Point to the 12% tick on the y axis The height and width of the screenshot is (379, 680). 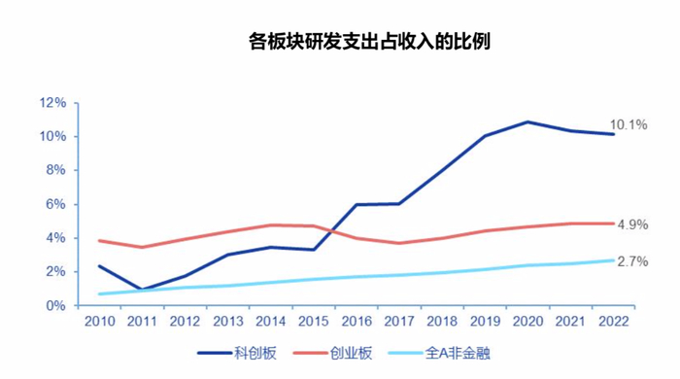pyautogui.click(x=52, y=102)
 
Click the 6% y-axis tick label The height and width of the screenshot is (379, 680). pyautogui.click(x=55, y=204)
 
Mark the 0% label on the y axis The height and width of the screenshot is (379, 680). pyautogui.click(x=55, y=305)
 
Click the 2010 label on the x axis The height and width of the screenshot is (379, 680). pyautogui.click(x=100, y=321)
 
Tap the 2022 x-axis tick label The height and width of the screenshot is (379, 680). pyautogui.click(x=612, y=321)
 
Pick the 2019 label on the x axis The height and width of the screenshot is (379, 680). pyautogui.click(x=484, y=321)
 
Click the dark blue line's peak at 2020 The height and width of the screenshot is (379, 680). pyautogui.click(x=527, y=122)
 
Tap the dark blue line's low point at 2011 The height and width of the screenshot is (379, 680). pyautogui.click(x=142, y=290)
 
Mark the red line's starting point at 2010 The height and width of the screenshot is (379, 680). pyautogui.click(x=100, y=241)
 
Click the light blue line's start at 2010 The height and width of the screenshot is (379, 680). pyautogui.click(x=100, y=293)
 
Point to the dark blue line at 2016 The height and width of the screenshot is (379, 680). pyautogui.click(x=357, y=205)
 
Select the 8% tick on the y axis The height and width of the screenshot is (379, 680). pyautogui.click(x=55, y=170)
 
